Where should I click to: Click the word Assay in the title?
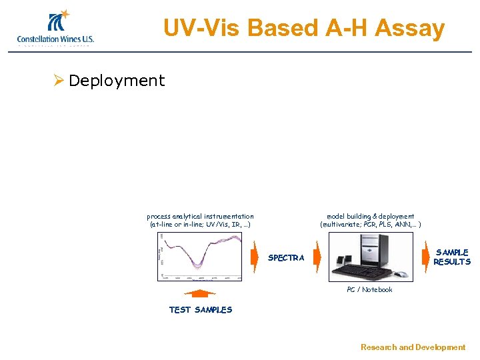pyautogui.click(x=409, y=28)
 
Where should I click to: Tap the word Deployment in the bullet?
pyautogui.click(x=117, y=81)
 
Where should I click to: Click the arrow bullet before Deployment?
pyautogui.click(x=59, y=81)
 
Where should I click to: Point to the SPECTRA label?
pyautogui.click(x=286, y=258)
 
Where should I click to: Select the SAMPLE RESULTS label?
pyautogui.click(x=451, y=257)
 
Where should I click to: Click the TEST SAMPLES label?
pyautogui.click(x=200, y=309)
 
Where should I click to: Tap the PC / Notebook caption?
pyautogui.click(x=369, y=289)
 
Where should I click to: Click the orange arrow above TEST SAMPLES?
pyautogui.click(x=200, y=293)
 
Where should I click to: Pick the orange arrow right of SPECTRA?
pyautogui.click(x=317, y=257)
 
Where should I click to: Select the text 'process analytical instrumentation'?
pyautogui.click(x=200, y=216)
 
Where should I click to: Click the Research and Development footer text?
pyautogui.click(x=413, y=347)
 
